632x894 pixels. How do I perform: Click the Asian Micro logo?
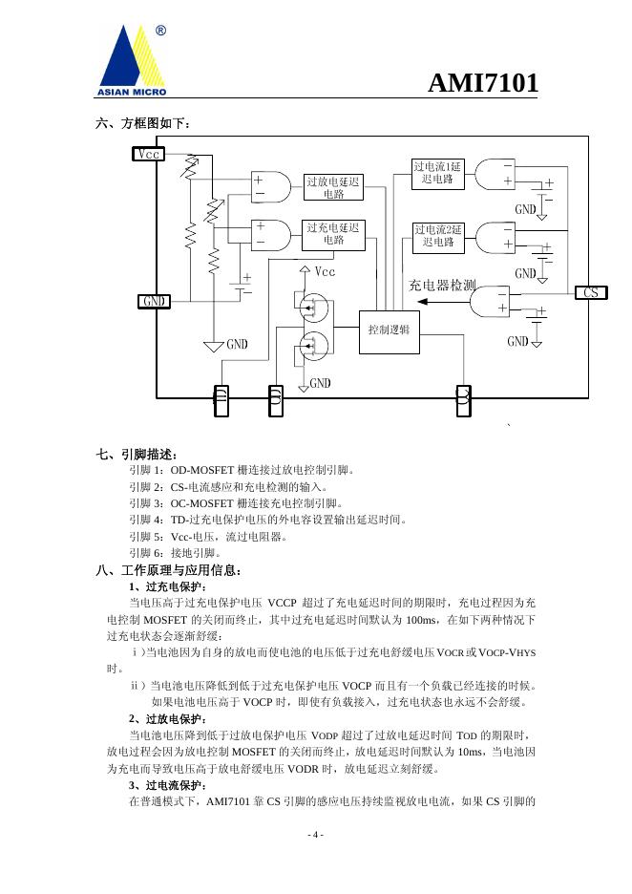pos(133,60)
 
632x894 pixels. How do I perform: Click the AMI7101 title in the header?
pos(482,84)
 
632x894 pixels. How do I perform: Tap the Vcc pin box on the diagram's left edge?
pos(148,154)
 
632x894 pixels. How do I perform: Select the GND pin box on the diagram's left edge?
pos(154,302)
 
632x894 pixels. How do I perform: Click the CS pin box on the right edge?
pos(591,292)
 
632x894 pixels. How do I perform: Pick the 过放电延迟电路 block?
pos(333,187)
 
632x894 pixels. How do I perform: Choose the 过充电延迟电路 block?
pos(333,234)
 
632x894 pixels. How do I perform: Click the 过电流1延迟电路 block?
pos(437,173)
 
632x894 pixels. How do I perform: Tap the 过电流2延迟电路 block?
pos(437,236)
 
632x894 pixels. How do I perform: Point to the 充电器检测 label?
pos(442,285)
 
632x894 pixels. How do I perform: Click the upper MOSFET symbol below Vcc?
pos(311,309)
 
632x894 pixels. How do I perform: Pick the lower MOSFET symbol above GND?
pos(311,343)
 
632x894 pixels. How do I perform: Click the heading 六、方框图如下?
pos(144,124)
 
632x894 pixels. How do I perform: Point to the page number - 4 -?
pos(315,836)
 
